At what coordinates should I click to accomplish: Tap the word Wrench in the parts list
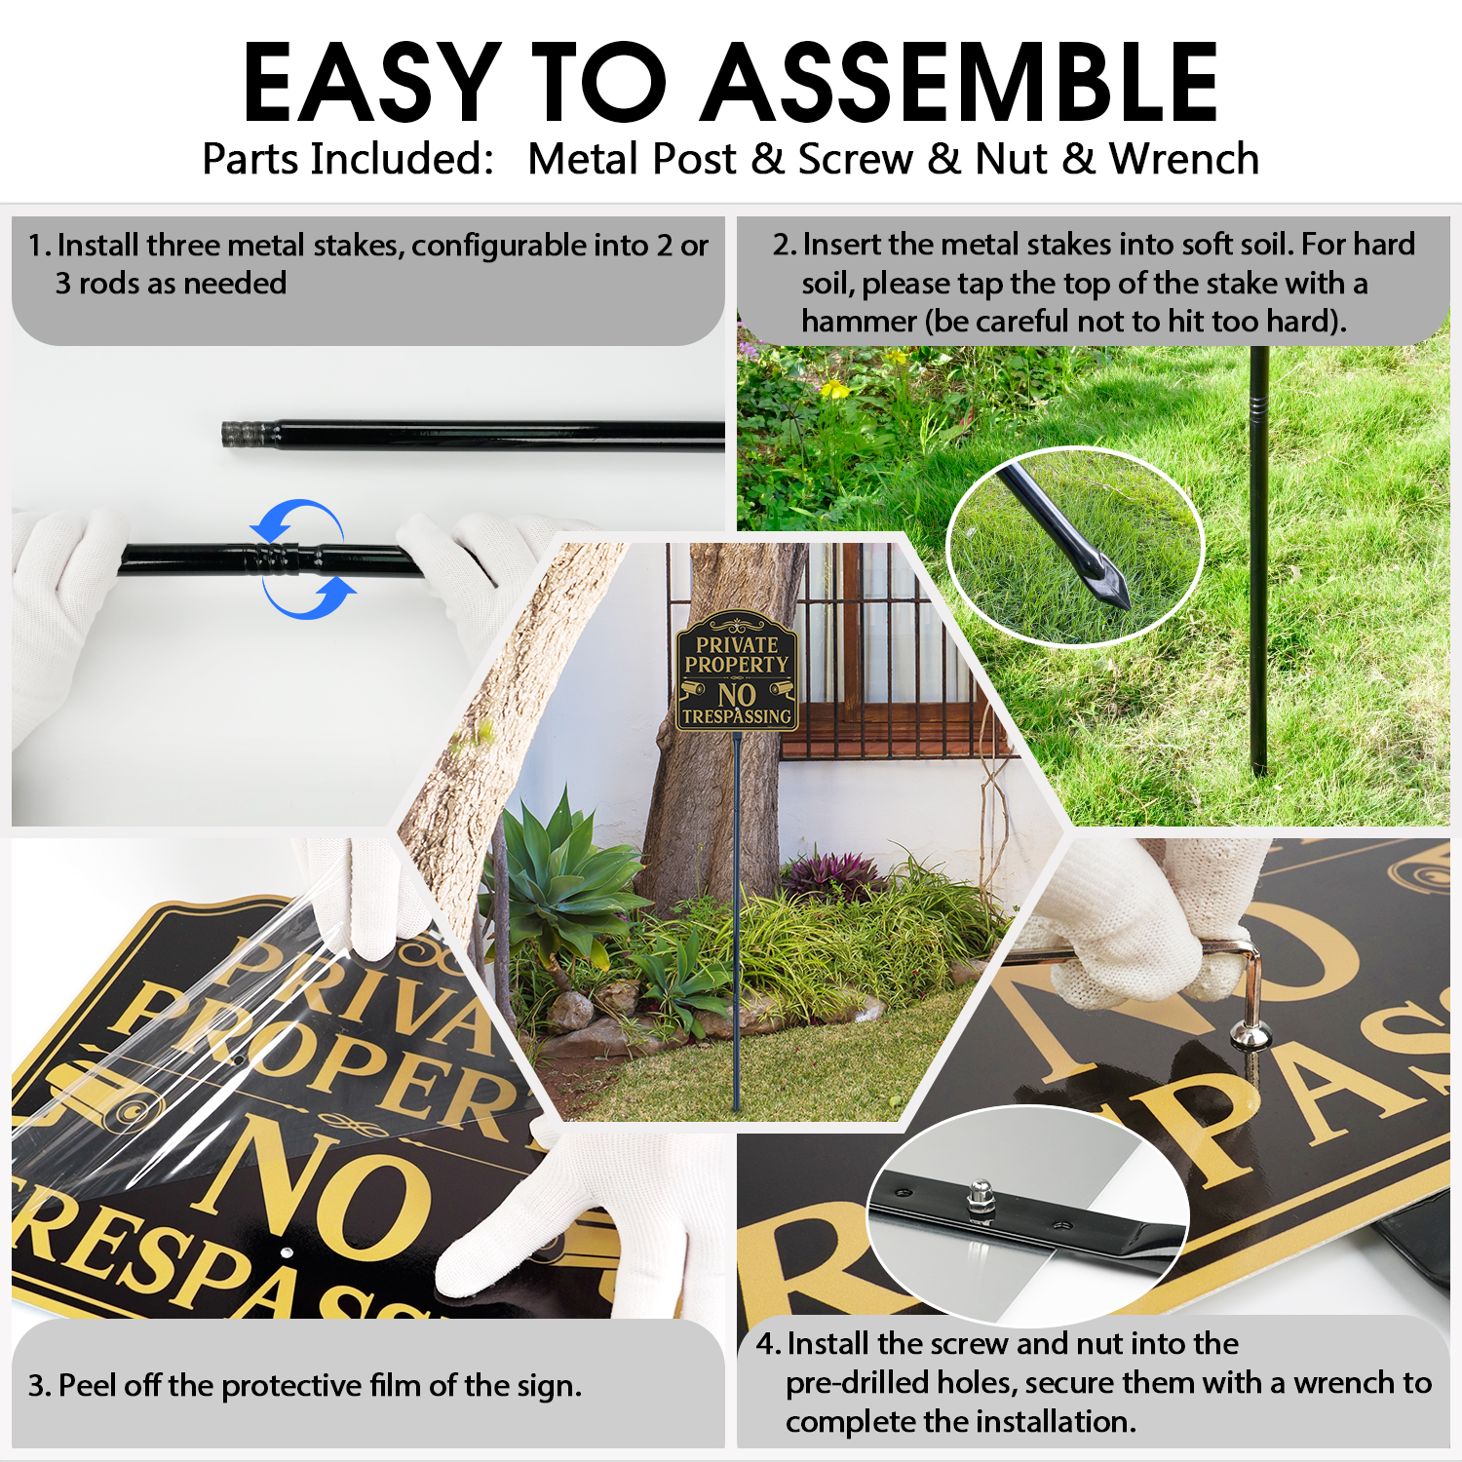point(1184,159)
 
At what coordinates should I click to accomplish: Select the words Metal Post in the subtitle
point(632,159)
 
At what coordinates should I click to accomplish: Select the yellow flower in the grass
point(834,390)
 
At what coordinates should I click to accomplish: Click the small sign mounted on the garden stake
point(737,673)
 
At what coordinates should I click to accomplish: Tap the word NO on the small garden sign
point(737,695)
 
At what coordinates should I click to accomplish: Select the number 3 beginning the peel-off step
point(37,1385)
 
